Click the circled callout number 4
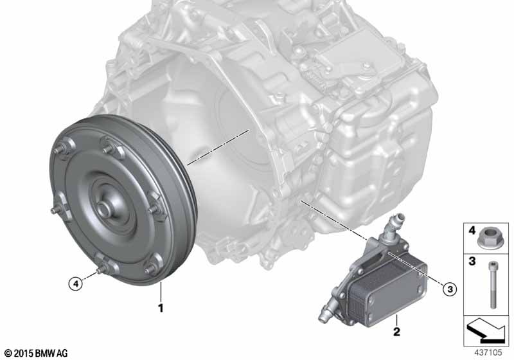76,283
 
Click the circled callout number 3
450,289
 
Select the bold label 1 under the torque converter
161,308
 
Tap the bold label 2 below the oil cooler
396,332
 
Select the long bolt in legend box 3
493,285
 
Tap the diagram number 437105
488,352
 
